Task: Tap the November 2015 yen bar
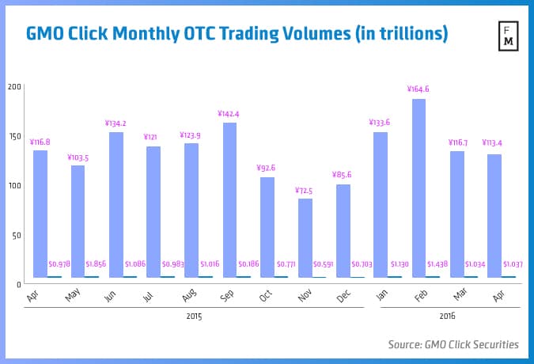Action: point(305,237)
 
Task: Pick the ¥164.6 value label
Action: point(418,89)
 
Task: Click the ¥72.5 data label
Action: point(305,191)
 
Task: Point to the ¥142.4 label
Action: point(229,114)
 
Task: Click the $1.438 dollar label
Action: point(439,264)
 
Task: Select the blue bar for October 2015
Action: point(267,227)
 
